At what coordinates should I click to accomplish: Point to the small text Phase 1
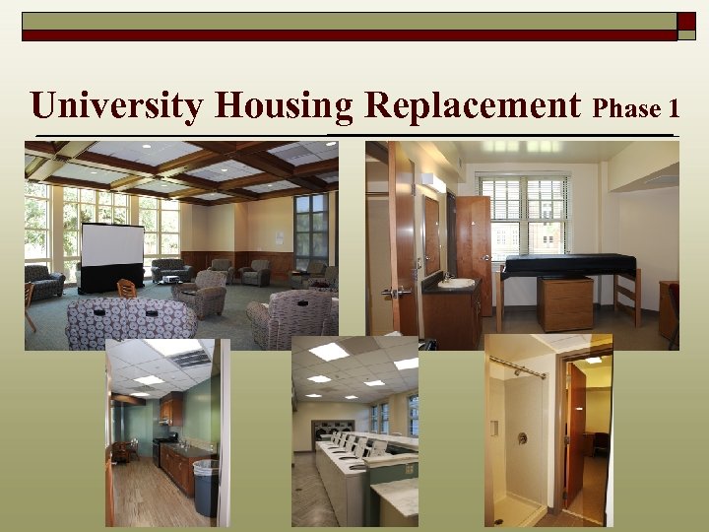pyautogui.click(x=638, y=107)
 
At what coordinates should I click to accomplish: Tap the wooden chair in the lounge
pyautogui.click(x=126, y=288)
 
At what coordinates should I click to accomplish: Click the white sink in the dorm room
pyautogui.click(x=456, y=284)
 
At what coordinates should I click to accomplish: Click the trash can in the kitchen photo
pyautogui.click(x=206, y=488)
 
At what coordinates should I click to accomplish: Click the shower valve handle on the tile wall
pyautogui.click(x=521, y=437)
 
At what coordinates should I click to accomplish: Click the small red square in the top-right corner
pyautogui.click(x=685, y=21)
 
